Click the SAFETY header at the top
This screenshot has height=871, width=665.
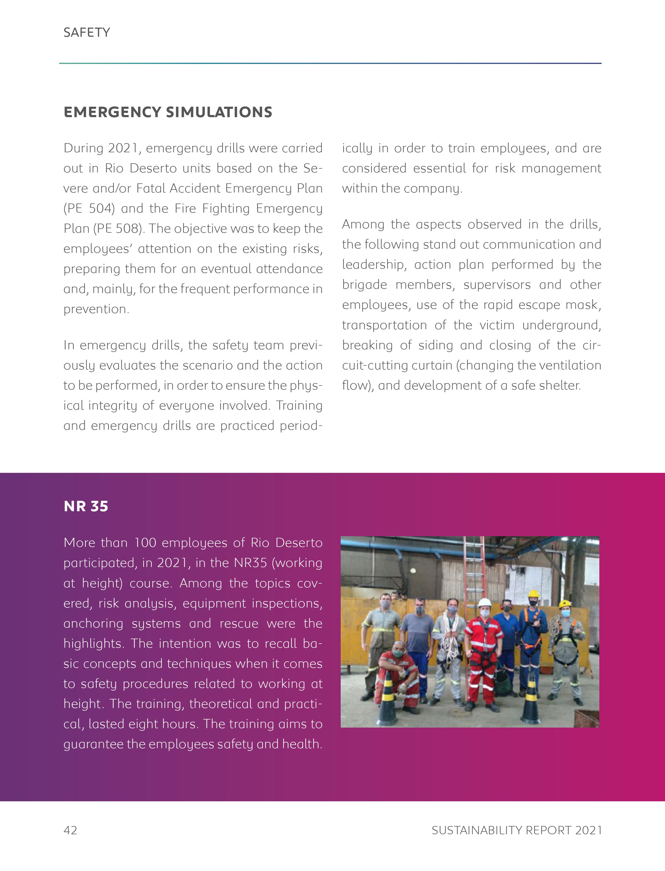point(87,32)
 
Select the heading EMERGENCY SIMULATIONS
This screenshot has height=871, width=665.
point(168,112)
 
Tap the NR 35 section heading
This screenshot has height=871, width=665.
point(86,506)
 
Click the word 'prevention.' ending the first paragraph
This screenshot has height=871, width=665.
point(96,309)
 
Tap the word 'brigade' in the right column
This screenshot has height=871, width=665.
point(365,285)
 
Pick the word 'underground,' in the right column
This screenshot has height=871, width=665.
point(561,325)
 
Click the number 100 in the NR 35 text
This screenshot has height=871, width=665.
point(146,543)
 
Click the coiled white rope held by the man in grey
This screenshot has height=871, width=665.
point(450,638)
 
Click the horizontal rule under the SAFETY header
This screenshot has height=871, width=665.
point(330,63)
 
